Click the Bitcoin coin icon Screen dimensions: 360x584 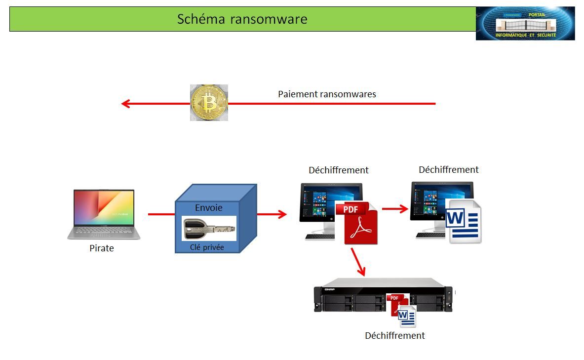tap(209, 103)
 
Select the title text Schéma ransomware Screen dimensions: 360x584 tap(242, 19)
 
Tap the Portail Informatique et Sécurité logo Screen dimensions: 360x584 tap(525, 23)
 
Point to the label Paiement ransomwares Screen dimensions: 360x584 tap(327, 94)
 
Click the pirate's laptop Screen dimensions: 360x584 tap(104, 214)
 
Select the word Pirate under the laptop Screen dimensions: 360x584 tap(102, 248)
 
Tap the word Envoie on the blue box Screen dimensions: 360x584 tap(208, 208)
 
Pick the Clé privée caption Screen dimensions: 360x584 tap(207, 247)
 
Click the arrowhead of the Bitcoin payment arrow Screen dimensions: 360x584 tap(126, 104)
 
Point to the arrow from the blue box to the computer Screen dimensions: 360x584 tap(272, 214)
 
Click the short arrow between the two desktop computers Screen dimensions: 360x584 tap(395, 209)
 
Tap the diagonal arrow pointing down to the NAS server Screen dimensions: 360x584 tap(358, 262)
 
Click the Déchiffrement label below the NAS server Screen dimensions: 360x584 tap(394, 336)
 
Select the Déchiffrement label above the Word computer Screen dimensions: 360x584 tap(448, 170)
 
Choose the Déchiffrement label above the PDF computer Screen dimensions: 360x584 tap(338, 170)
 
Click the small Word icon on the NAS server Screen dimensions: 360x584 tap(407, 317)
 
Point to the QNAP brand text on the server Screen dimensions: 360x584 tap(330, 289)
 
